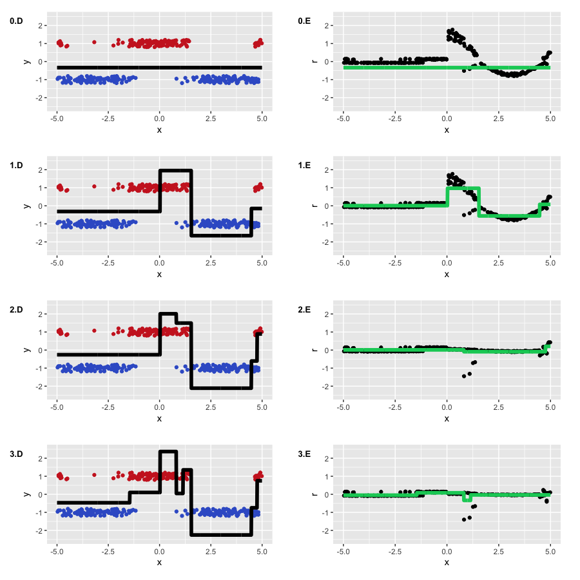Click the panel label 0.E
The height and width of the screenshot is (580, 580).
tap(304, 21)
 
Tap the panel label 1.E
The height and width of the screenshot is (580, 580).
tap(304, 166)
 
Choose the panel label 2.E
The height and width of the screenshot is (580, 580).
tap(304, 310)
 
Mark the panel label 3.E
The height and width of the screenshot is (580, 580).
tap(304, 454)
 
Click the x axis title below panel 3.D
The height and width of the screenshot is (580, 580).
tap(160, 563)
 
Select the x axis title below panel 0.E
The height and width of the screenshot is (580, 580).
tap(447, 130)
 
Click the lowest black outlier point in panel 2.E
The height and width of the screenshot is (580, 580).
tap(464, 376)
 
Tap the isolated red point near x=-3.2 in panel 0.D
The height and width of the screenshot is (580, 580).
tap(94, 42)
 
